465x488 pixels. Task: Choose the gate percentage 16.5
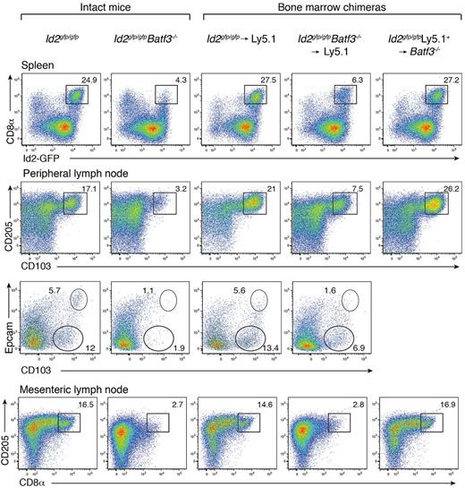point(88,406)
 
